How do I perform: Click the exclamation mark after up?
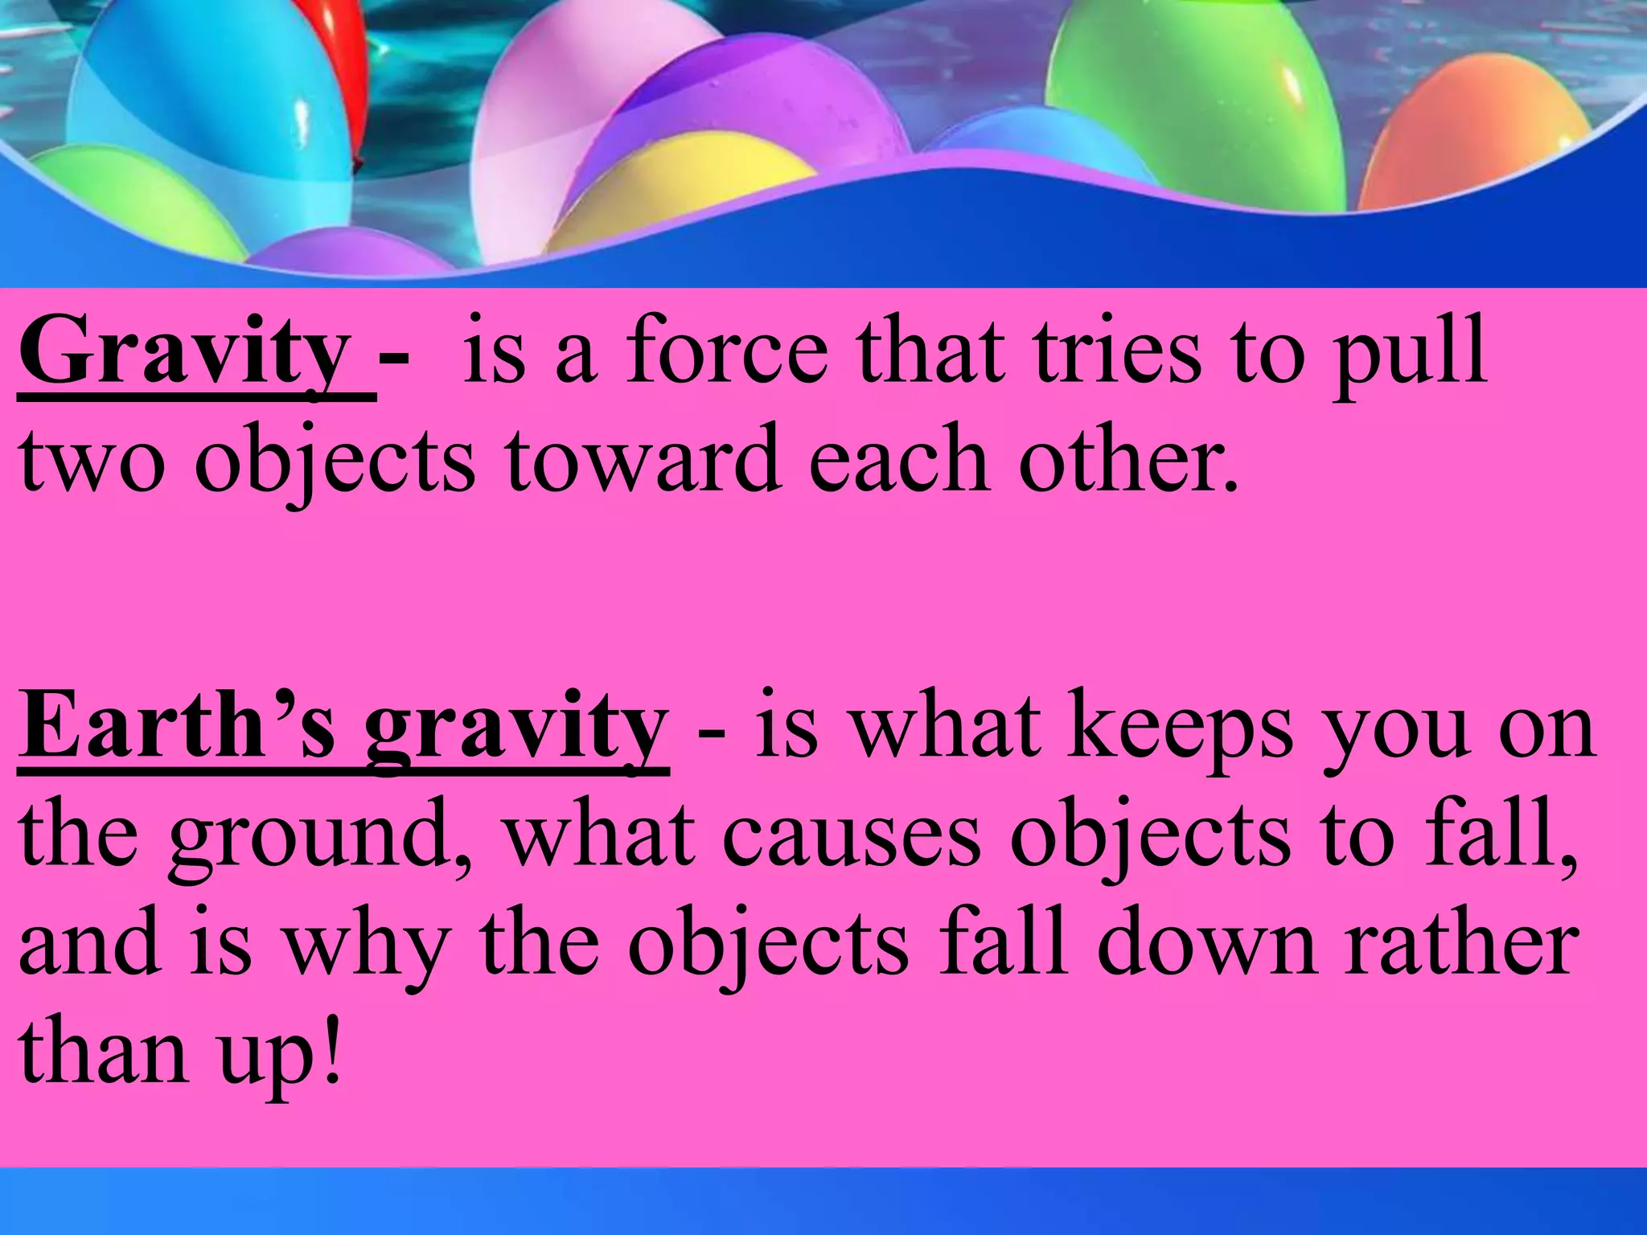(330, 1048)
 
